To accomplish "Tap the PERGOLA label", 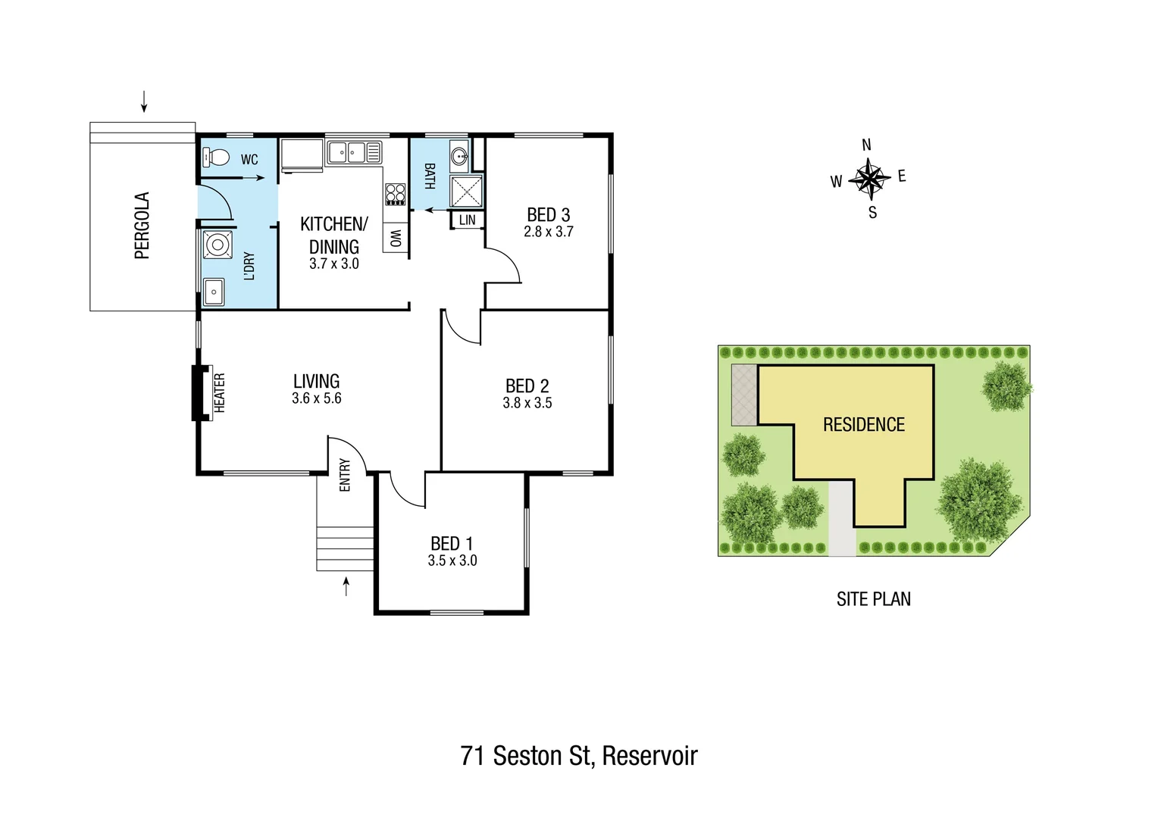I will (x=142, y=226).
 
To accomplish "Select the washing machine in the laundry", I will (x=218, y=245).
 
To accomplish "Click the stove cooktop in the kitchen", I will (x=395, y=194).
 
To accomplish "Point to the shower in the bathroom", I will (x=465, y=191).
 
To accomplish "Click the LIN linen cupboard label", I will (x=468, y=220).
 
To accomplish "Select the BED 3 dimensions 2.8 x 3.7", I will (x=548, y=232).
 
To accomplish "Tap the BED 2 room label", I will (x=527, y=386).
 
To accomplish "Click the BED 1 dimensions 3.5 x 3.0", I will (x=452, y=560).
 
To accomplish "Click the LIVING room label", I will (x=316, y=381).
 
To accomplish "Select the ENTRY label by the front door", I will (x=345, y=475).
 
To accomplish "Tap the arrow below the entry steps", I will (x=346, y=586).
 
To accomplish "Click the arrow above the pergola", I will (x=143, y=101).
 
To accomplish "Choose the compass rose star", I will (x=868, y=180).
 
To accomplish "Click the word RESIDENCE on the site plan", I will (x=863, y=424).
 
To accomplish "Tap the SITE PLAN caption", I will (x=873, y=599).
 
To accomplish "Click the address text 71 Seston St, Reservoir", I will (x=579, y=755).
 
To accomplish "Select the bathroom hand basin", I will (x=459, y=157).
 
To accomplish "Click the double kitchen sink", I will (x=353, y=152).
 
